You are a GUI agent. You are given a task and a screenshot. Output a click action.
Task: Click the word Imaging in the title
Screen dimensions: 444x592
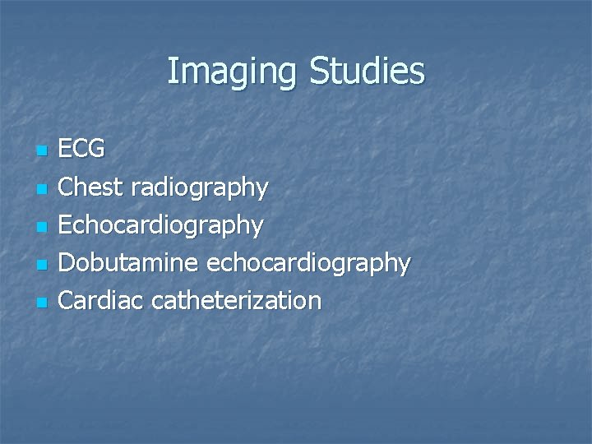[234, 72]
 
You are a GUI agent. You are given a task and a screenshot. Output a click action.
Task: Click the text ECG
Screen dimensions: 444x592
[82, 150]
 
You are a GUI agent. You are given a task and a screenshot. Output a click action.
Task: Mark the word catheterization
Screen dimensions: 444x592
[237, 301]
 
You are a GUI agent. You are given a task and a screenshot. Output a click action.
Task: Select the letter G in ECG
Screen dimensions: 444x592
[96, 150]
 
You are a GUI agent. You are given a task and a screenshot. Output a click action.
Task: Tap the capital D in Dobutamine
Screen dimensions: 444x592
[68, 263]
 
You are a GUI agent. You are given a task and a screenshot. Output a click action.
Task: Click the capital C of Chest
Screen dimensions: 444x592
[67, 187]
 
